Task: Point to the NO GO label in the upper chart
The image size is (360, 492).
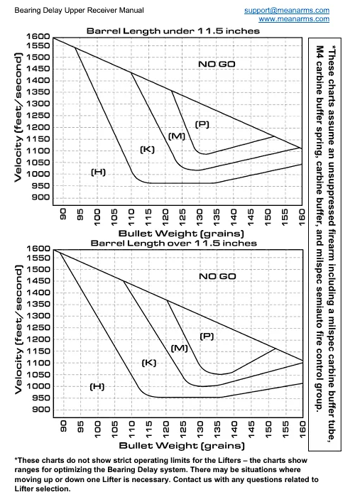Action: tap(217, 65)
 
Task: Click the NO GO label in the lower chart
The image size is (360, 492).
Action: tap(217, 275)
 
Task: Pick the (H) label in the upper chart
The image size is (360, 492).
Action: tap(98, 172)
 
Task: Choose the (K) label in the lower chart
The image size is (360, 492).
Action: tap(148, 362)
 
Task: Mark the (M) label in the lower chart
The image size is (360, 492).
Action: tap(180, 348)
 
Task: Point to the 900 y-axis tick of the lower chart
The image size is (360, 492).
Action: tap(40, 410)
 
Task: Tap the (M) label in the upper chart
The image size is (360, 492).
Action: tap(177, 136)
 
